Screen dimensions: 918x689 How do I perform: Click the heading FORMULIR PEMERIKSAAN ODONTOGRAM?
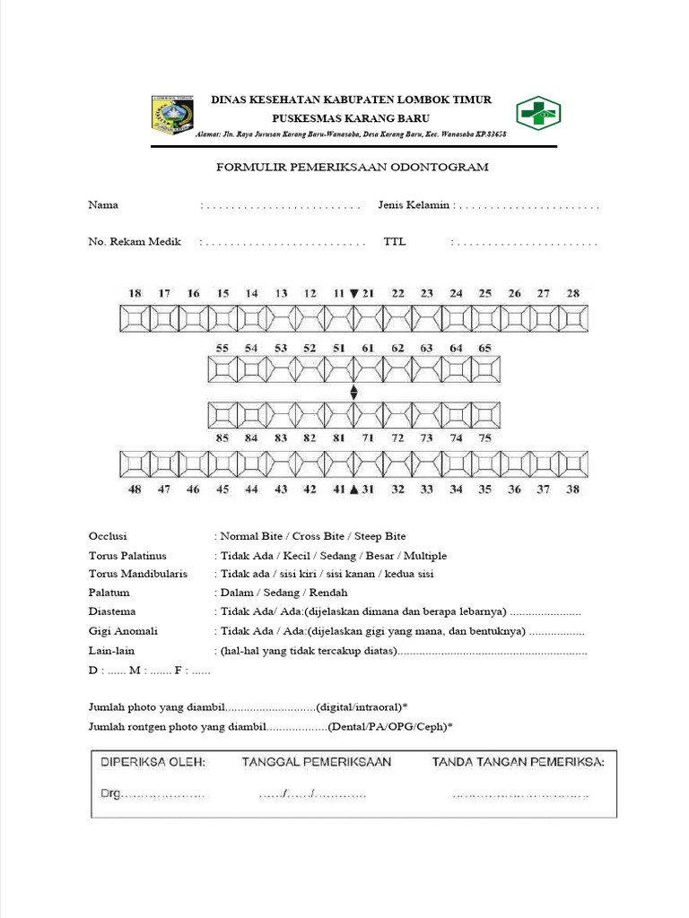click(352, 168)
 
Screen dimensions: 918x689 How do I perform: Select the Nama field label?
click(103, 205)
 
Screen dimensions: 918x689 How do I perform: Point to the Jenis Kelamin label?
click(414, 205)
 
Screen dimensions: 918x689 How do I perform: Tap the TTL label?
click(395, 242)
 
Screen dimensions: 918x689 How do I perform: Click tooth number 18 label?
click(135, 293)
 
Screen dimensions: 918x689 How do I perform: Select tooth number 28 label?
click(573, 293)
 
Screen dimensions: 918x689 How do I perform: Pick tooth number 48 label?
click(135, 489)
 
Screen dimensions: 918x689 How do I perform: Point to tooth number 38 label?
click(573, 489)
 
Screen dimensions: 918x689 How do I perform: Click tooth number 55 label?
click(222, 348)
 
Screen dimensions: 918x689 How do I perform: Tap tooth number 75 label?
click(485, 438)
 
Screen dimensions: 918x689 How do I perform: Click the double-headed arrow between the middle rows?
click(354, 393)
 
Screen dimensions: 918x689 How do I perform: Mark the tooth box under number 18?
click(135, 317)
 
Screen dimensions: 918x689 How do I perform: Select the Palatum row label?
click(109, 593)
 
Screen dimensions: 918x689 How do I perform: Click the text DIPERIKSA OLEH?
click(153, 762)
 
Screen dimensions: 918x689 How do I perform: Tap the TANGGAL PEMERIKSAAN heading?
click(316, 762)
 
